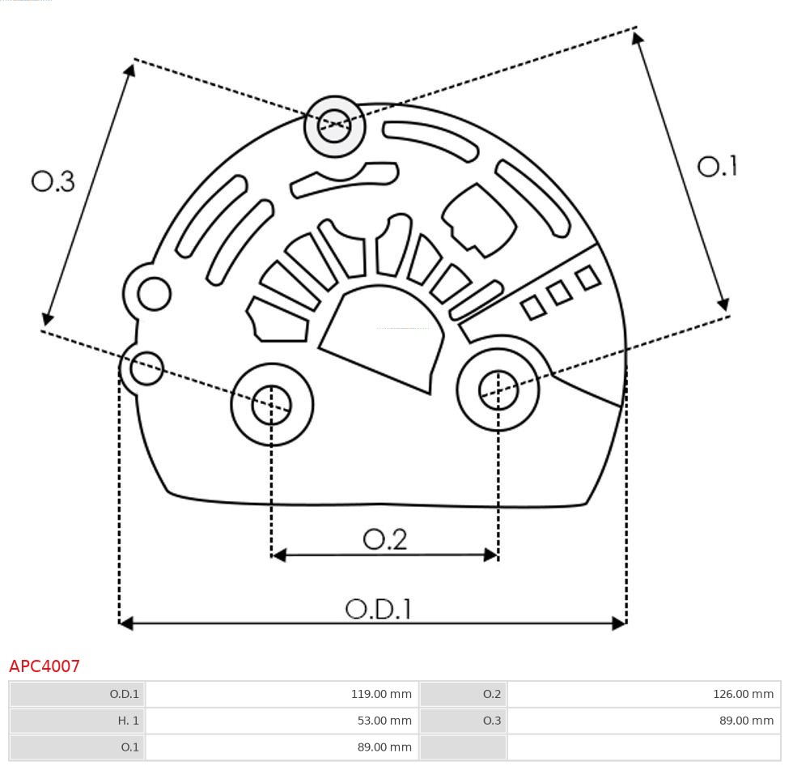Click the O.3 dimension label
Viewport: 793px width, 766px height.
(x=53, y=181)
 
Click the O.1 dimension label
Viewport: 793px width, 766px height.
(x=718, y=167)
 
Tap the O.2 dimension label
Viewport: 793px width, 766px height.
(x=384, y=539)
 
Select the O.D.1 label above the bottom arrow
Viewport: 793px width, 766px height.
(x=378, y=609)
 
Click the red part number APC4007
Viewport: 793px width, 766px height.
(x=45, y=666)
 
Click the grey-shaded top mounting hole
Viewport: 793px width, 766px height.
(x=334, y=126)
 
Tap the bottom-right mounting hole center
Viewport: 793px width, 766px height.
(x=498, y=392)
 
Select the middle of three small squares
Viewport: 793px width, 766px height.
(x=560, y=292)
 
